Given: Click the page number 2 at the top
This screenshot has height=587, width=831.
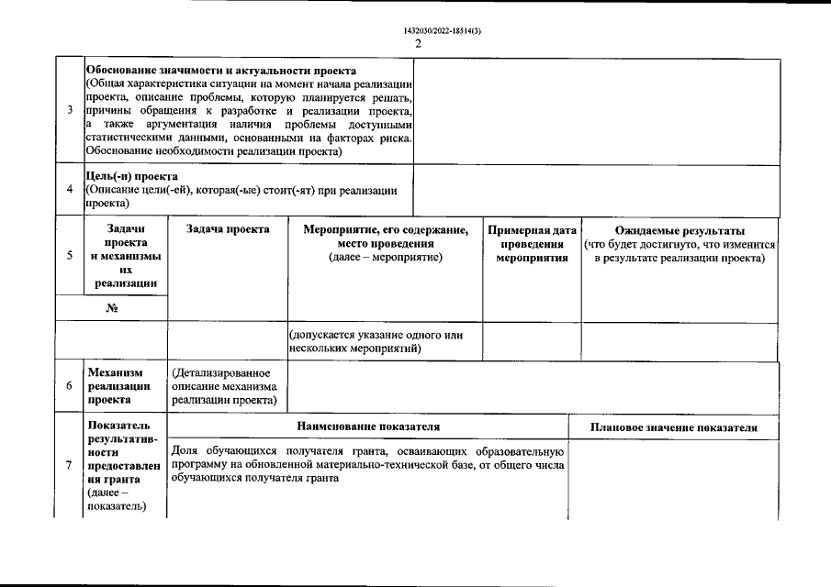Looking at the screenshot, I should (x=418, y=43).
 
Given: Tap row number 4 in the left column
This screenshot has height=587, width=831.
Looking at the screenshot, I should (x=71, y=190).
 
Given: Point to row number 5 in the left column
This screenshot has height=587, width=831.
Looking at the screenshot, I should (x=71, y=256).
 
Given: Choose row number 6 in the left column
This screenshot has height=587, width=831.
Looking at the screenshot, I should (x=71, y=386).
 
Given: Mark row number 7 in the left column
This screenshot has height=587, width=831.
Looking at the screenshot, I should (x=71, y=466).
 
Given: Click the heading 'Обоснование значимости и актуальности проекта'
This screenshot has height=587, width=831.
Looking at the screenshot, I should (x=221, y=71).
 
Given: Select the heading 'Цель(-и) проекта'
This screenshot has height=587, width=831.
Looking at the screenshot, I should (x=131, y=176).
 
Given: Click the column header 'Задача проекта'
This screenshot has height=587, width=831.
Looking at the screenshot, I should (x=228, y=229).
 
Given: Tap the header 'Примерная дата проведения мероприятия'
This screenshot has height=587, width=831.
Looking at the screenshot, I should (x=533, y=243).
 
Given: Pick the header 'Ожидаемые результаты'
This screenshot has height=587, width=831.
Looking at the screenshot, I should (x=679, y=229).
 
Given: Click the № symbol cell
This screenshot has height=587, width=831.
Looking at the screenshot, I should (x=112, y=307).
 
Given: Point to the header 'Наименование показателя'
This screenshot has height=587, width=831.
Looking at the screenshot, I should (x=368, y=427).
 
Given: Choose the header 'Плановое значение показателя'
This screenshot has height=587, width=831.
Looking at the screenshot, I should (x=674, y=427).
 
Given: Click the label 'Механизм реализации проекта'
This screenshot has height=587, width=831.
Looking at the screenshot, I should (x=117, y=386).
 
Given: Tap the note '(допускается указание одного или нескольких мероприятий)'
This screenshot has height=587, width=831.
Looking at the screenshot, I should (x=376, y=341).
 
